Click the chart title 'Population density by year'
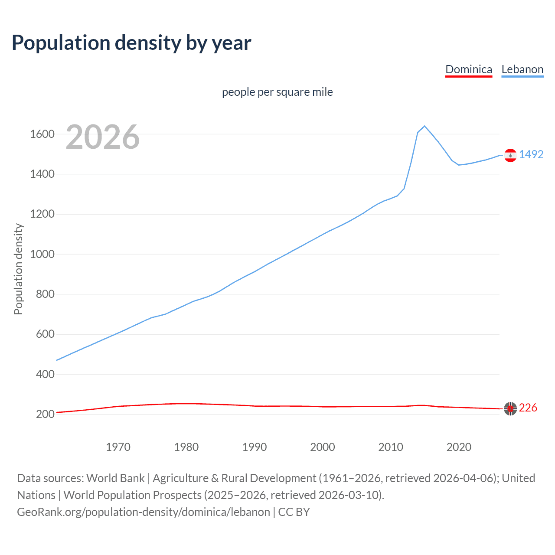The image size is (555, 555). [x=131, y=42]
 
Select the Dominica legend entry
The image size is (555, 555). [x=468, y=69]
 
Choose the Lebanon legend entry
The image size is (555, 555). [x=522, y=69]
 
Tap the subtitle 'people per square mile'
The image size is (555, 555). [x=277, y=92]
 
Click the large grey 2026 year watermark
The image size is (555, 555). [x=103, y=137]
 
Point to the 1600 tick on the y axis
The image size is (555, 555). [x=42, y=134]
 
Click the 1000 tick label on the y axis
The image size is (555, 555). [x=42, y=254]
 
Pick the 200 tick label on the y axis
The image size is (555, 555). [x=45, y=414]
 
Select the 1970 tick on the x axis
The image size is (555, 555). [x=118, y=447]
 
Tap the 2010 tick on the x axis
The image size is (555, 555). [x=391, y=447]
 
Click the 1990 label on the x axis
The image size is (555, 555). [x=255, y=447]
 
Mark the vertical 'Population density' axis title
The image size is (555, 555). [x=18, y=269]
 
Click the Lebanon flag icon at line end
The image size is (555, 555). [x=510, y=155]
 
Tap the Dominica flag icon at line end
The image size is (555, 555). [x=510, y=408]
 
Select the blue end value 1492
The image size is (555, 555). [x=531, y=154]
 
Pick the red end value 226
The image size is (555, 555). [x=528, y=408]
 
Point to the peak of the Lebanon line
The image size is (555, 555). [x=424, y=126]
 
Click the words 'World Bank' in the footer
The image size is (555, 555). [x=115, y=478]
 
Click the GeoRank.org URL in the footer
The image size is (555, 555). [x=143, y=512]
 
